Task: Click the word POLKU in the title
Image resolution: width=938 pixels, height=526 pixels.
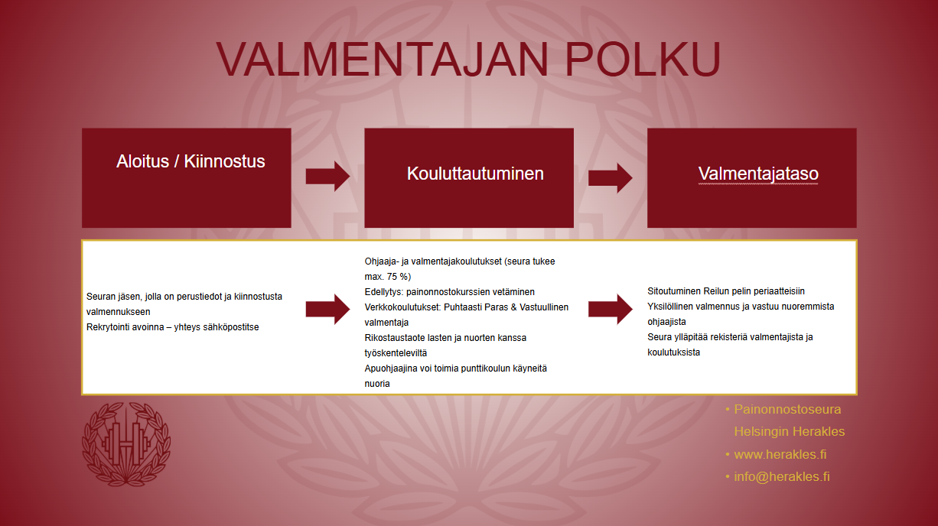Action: point(643,59)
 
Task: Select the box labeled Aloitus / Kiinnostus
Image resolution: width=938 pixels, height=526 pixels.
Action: point(187,178)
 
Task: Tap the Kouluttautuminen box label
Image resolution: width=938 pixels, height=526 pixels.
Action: point(475,174)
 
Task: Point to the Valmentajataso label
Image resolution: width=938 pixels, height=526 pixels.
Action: point(758,174)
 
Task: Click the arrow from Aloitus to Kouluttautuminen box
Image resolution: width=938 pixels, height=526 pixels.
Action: point(328,177)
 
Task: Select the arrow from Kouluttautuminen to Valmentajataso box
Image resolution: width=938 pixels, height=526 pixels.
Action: point(611,178)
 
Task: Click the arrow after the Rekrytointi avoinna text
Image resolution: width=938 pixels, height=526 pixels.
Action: point(328,309)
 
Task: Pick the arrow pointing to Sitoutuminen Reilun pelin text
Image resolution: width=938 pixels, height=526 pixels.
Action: point(611,309)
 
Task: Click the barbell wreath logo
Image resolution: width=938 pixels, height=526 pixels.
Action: point(126,444)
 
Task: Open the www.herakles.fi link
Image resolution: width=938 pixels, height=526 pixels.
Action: point(780,454)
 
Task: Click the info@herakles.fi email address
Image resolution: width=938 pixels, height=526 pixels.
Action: point(782,476)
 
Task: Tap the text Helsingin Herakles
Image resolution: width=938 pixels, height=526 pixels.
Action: point(790,431)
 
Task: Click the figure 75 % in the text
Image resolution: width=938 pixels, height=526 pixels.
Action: point(397,277)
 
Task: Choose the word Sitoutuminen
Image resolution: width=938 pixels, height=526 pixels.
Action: point(674,291)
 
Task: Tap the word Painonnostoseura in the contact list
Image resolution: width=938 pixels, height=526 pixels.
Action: point(787,409)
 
